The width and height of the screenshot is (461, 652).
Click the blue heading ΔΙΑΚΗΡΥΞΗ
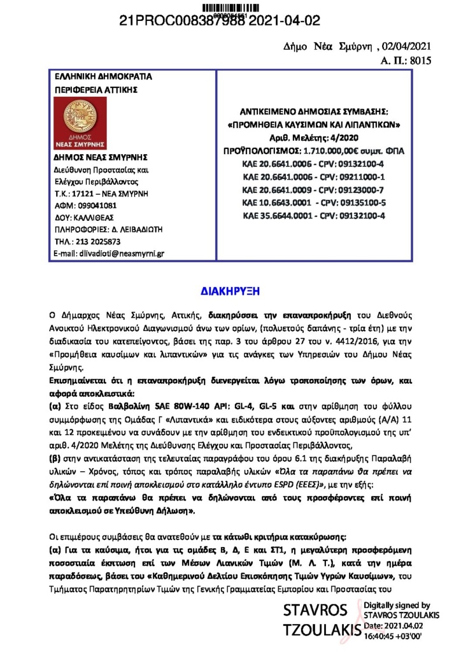230,291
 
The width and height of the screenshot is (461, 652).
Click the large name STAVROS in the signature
315,611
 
